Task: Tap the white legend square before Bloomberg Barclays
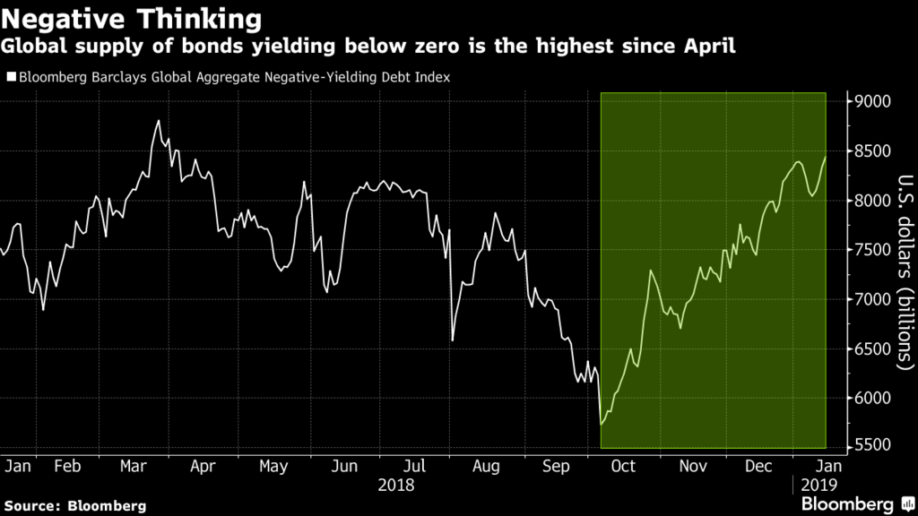[11, 77]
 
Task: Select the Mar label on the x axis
[134, 466]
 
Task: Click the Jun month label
[343, 466]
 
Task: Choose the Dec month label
[759, 466]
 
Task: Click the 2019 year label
[818, 485]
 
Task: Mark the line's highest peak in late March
[158, 121]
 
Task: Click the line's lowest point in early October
[602, 424]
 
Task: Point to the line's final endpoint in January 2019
[826, 157]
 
